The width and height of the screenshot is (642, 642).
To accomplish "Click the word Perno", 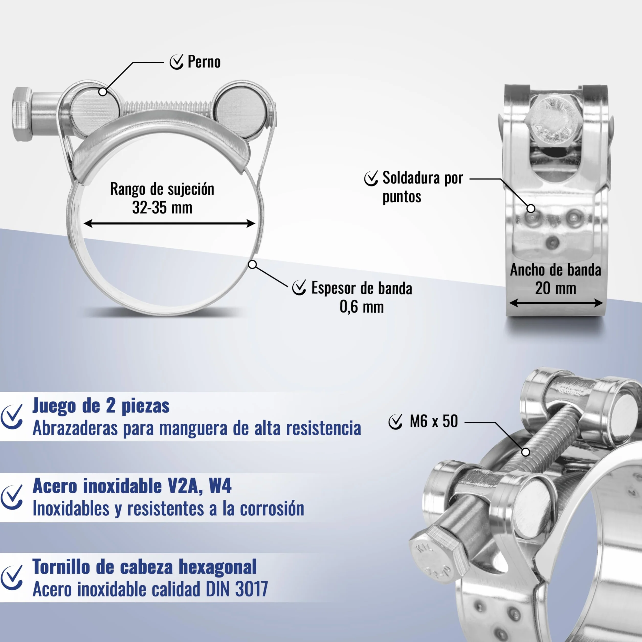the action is click(204, 62).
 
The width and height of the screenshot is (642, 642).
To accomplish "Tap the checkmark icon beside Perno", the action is click(176, 62).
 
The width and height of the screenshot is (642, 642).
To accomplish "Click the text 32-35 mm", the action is click(162, 208).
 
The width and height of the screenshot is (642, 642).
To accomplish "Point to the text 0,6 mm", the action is click(361, 306).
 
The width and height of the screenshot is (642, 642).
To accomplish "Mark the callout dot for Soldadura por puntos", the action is click(531, 208).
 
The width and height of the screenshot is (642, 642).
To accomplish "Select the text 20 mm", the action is click(556, 288).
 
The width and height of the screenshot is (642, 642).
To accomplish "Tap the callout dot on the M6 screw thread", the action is click(525, 452).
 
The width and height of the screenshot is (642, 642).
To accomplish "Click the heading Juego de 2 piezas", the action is click(101, 406).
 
